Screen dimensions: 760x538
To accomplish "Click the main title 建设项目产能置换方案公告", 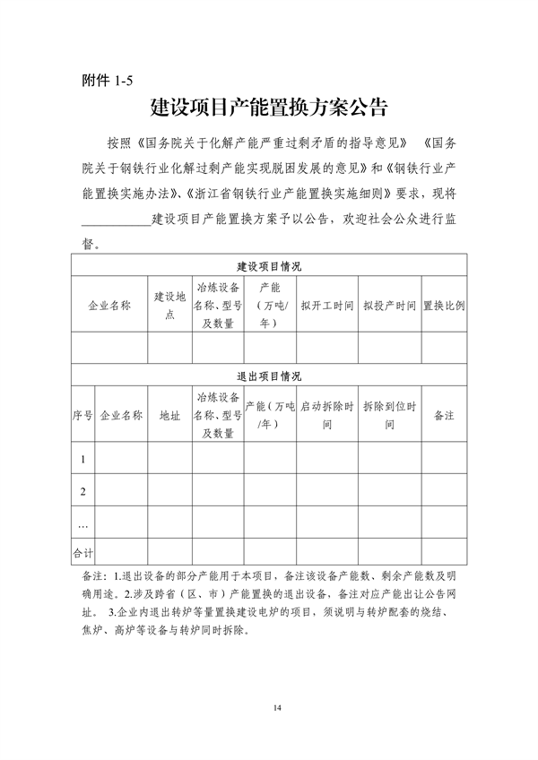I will [x=269, y=110].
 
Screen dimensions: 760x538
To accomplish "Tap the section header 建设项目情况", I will [x=269, y=267].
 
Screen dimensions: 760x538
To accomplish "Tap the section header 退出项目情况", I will [x=269, y=376].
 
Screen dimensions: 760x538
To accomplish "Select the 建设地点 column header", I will [x=169, y=306].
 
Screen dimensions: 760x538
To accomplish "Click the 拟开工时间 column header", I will [x=327, y=306].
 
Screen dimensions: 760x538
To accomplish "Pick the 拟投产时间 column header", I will [x=389, y=306].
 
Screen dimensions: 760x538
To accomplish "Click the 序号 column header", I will [x=82, y=416].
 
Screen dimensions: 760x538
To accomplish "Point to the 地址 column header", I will [x=169, y=416].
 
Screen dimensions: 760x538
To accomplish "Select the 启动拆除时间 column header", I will [x=327, y=416].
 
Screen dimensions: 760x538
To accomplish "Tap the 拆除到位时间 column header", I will [x=389, y=416].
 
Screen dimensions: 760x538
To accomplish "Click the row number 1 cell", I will [x=82, y=460].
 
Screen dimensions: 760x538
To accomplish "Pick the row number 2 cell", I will [x=82, y=491].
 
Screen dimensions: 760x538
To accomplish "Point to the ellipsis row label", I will [x=82, y=523].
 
